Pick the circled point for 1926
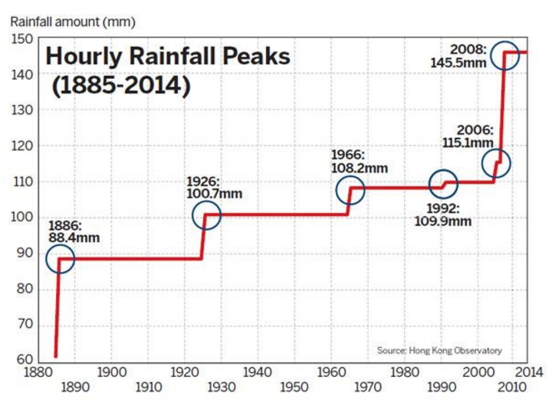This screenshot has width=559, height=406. coord(206,216)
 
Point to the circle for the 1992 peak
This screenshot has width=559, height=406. coord(443,184)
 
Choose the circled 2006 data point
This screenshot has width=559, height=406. coord(496,163)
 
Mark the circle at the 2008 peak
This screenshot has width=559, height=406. coord(505,54)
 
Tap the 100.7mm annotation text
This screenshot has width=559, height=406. coord(215,194)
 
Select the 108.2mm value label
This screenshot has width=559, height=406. coord(359,168)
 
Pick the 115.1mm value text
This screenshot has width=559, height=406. coord(468,142)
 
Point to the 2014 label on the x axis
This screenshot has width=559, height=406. coord(528,372)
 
